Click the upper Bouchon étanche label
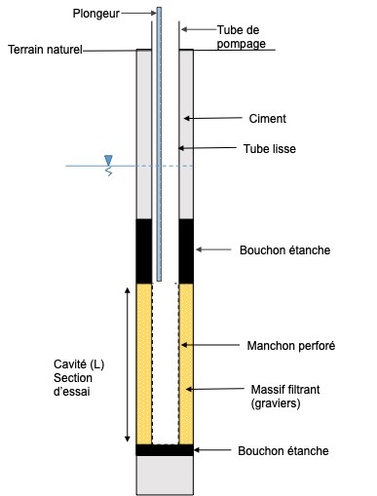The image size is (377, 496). coord(284,250)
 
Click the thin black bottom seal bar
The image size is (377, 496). coord(166,450)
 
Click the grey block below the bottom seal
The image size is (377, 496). coord(166,475)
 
